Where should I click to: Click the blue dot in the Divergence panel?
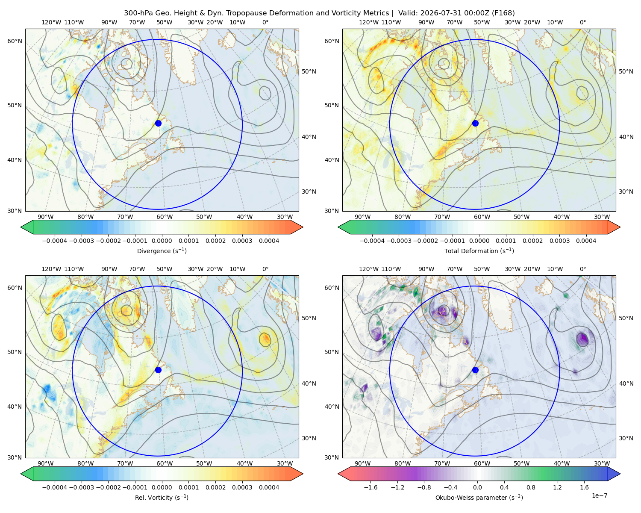(x=158, y=123)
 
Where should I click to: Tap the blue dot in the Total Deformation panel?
(x=475, y=123)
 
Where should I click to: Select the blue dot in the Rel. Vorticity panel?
(x=158, y=370)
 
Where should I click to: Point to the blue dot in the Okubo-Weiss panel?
(x=475, y=370)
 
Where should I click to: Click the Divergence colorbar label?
(x=162, y=251)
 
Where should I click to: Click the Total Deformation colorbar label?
(x=479, y=251)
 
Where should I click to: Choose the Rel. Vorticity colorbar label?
(x=162, y=497)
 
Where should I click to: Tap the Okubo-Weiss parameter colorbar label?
(x=479, y=497)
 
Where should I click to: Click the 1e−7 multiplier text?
(x=599, y=495)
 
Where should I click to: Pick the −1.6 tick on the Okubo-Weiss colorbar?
(x=370, y=487)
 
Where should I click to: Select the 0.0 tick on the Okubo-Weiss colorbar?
(x=477, y=487)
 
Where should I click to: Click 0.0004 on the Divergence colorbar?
(x=269, y=241)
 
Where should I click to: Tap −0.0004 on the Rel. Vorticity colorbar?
(x=55, y=487)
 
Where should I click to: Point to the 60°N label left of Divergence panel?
(x=15, y=41)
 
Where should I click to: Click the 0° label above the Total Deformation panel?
(x=582, y=22)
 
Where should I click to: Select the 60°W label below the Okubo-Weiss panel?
(x=482, y=463)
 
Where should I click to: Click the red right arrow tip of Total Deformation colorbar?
(x=620, y=227)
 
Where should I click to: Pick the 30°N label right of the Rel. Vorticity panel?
(x=309, y=438)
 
